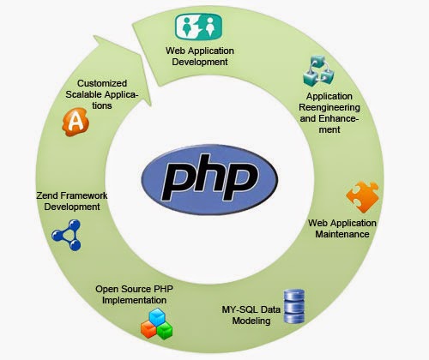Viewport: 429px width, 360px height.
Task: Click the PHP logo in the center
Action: pyautogui.click(x=209, y=179)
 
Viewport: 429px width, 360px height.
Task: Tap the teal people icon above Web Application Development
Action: pyautogui.click(x=198, y=27)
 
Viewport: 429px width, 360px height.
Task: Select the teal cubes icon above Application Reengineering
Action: pyautogui.click(x=318, y=71)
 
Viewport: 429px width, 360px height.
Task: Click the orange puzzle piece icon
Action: pyautogui.click(x=363, y=197)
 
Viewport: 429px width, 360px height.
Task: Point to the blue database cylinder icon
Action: pyautogui.click(x=294, y=306)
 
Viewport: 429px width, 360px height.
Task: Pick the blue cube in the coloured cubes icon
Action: pyautogui.click(x=158, y=316)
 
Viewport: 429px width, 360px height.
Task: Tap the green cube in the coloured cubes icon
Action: pyautogui.click(x=165, y=331)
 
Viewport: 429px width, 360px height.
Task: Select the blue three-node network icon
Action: pyautogui.click(x=67, y=235)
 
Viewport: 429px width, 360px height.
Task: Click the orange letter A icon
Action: pyautogui.click(x=76, y=122)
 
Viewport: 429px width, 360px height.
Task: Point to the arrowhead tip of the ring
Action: pyautogui.click(x=150, y=106)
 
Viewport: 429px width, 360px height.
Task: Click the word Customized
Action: pyautogui.click(x=102, y=83)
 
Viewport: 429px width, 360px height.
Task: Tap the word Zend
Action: pyautogui.click(x=47, y=195)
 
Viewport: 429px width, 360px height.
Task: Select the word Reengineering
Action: pyautogui.click(x=329, y=107)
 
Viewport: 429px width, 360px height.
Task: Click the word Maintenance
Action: pyautogui.click(x=342, y=234)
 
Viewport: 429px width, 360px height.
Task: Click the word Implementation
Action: pyautogui.click(x=134, y=300)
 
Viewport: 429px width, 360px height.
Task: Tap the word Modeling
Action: pyautogui.click(x=251, y=321)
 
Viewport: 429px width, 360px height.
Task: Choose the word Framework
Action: pyautogui.click(x=84, y=195)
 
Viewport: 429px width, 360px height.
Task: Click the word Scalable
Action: pyautogui.click(x=83, y=94)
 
